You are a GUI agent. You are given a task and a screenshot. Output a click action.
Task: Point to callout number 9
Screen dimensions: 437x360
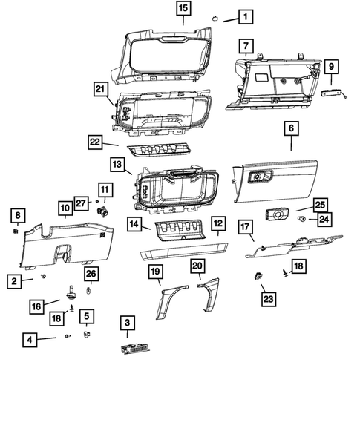331,68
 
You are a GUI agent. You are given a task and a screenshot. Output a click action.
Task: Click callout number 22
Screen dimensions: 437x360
94,141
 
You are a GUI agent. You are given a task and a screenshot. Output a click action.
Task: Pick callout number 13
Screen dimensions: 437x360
117,163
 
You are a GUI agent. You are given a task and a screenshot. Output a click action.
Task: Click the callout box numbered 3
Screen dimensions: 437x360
128,322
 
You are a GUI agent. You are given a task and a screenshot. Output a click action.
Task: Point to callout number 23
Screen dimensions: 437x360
266,299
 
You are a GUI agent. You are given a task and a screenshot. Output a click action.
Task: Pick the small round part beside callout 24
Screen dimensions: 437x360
302,220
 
